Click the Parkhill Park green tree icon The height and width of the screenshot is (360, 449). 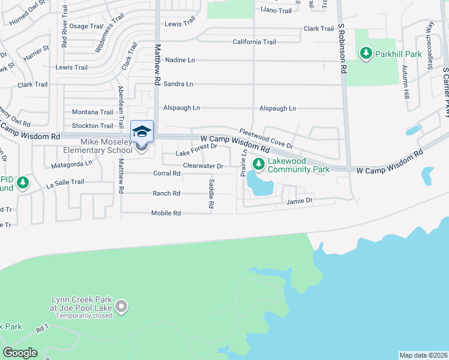click(366, 54)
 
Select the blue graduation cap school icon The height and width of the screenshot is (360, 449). click(142, 131)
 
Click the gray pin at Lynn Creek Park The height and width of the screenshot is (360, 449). click(122, 307)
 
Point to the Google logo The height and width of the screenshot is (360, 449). click(20, 353)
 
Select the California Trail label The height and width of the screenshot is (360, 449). click(255, 42)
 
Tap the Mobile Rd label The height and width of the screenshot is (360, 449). click(166, 213)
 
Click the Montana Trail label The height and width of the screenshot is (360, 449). click(92, 112)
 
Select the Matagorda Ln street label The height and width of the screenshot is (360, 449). click(71, 163)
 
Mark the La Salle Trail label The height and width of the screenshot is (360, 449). click(70, 182)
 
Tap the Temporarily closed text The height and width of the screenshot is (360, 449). click(82, 316)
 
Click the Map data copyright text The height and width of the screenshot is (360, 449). click(424, 355)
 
